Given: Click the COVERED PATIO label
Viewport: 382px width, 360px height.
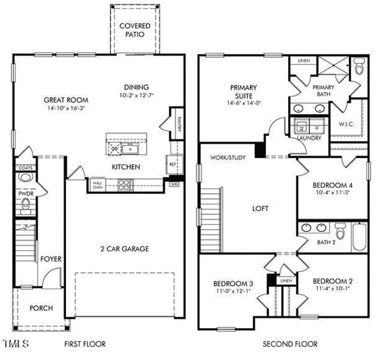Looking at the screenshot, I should (x=135, y=31).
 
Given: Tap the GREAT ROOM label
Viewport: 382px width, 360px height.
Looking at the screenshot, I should (x=66, y=100).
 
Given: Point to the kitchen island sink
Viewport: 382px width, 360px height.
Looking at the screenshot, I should (x=130, y=148).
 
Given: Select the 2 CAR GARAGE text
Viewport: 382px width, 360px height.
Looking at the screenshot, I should (x=124, y=248).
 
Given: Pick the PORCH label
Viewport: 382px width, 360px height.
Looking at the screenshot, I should (x=41, y=308).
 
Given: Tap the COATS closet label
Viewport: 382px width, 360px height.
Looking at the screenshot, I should (x=25, y=168).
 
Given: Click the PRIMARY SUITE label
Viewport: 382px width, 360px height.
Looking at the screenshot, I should (x=243, y=91).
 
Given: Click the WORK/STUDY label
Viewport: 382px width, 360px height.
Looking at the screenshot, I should (x=226, y=158).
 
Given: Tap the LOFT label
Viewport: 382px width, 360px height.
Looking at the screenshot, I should (x=260, y=209).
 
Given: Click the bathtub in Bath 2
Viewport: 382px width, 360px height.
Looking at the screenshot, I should (x=358, y=237).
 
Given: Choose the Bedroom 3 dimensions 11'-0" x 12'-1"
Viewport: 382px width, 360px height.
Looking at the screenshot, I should (x=230, y=291).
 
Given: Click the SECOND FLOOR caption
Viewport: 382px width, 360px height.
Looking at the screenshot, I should (x=291, y=344).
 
